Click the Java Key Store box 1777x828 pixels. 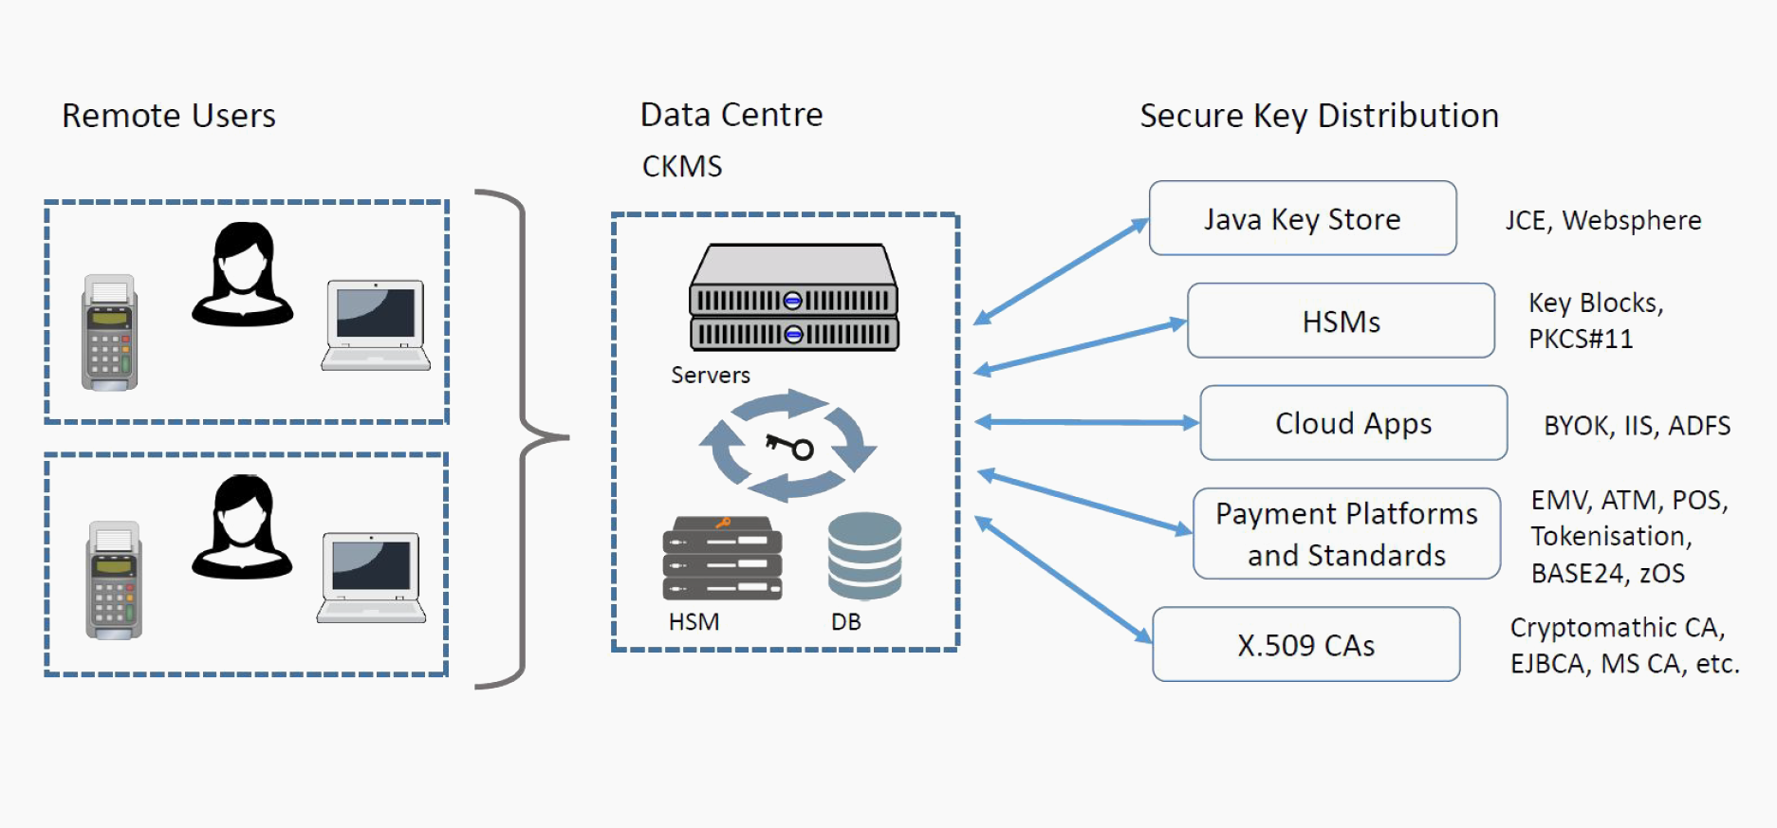1302,218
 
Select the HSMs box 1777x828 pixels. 1340,321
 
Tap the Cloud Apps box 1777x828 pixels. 1353,423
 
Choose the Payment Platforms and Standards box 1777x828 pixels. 1346,534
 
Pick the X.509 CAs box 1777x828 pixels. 1305,645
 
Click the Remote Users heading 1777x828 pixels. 169,116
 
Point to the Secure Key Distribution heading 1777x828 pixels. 1319,116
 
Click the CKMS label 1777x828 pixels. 682,166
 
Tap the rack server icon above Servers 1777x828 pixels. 793,298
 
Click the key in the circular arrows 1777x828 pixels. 789,445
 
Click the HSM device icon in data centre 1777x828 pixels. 722,559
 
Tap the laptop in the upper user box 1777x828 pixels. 376,324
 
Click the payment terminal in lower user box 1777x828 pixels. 114,580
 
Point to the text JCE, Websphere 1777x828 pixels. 1602,220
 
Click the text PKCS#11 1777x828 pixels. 1581,339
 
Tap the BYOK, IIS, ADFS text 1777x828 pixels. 1637,425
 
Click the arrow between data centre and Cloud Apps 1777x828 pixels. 1086,422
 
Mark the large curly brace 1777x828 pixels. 522,438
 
